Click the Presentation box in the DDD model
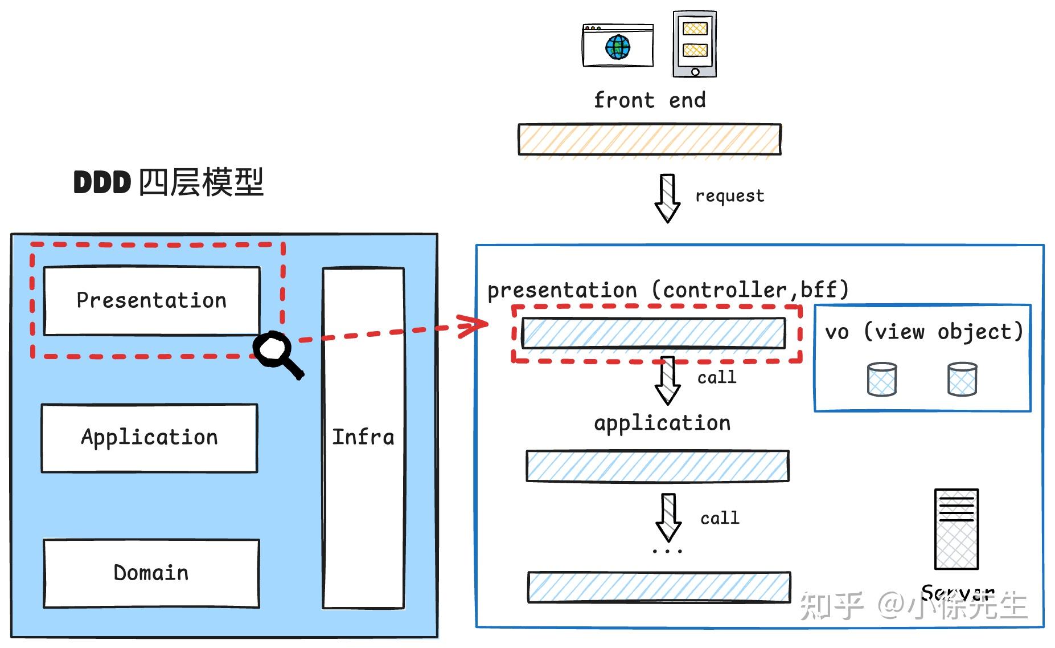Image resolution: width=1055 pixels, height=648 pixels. tap(151, 300)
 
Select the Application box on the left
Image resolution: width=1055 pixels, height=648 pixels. tap(149, 438)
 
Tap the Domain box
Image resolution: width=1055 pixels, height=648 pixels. tap(151, 573)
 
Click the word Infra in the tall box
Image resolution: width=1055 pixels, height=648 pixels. tap(363, 437)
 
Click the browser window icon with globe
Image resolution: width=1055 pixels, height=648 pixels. tap(618, 46)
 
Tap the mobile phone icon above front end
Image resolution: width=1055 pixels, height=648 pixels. tap(695, 43)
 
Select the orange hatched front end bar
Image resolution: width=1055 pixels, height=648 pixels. tap(649, 139)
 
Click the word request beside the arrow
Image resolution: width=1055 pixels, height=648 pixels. tap(729, 196)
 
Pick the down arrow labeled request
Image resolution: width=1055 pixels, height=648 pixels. tap(667, 198)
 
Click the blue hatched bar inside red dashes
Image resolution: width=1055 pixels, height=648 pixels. tap(653, 333)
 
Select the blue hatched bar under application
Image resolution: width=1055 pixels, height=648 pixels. tap(657, 466)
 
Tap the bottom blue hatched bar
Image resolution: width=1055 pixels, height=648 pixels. tap(659, 587)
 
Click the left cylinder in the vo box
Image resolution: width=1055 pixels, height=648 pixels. tap(882, 380)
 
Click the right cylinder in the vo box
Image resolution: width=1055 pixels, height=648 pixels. tap(962, 380)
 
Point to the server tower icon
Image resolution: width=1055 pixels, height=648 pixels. tap(956, 529)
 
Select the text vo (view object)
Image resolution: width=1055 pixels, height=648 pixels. tap(923, 332)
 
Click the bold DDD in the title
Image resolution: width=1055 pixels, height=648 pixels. tap(102, 183)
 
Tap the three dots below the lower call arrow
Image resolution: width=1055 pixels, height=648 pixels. tap(667, 551)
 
